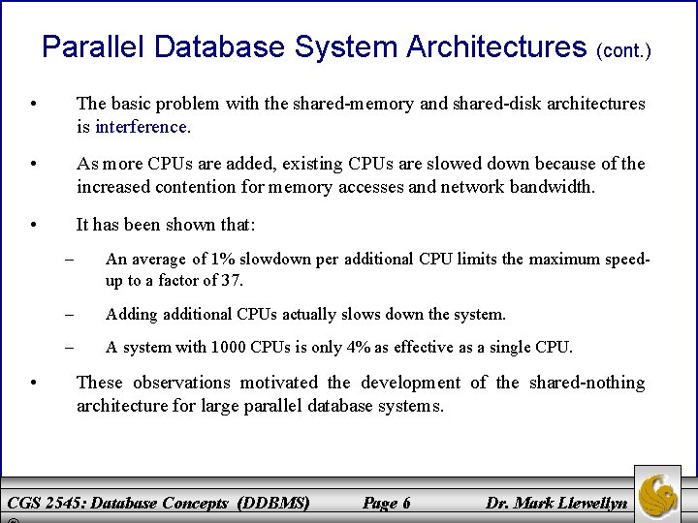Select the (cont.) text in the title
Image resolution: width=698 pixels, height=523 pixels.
[623, 49]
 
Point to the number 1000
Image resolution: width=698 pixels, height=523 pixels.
[229, 347]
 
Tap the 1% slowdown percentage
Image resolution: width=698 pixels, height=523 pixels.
[226, 259]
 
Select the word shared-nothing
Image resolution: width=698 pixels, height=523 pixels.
[587, 383]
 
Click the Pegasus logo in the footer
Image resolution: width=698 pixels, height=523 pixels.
[657, 495]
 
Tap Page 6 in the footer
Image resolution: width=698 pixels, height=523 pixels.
[386, 503]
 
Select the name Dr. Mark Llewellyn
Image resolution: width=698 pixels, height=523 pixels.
[555, 503]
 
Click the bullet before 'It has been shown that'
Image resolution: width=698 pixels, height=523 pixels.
[34, 225]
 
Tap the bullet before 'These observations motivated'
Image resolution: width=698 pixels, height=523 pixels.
[34, 383]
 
